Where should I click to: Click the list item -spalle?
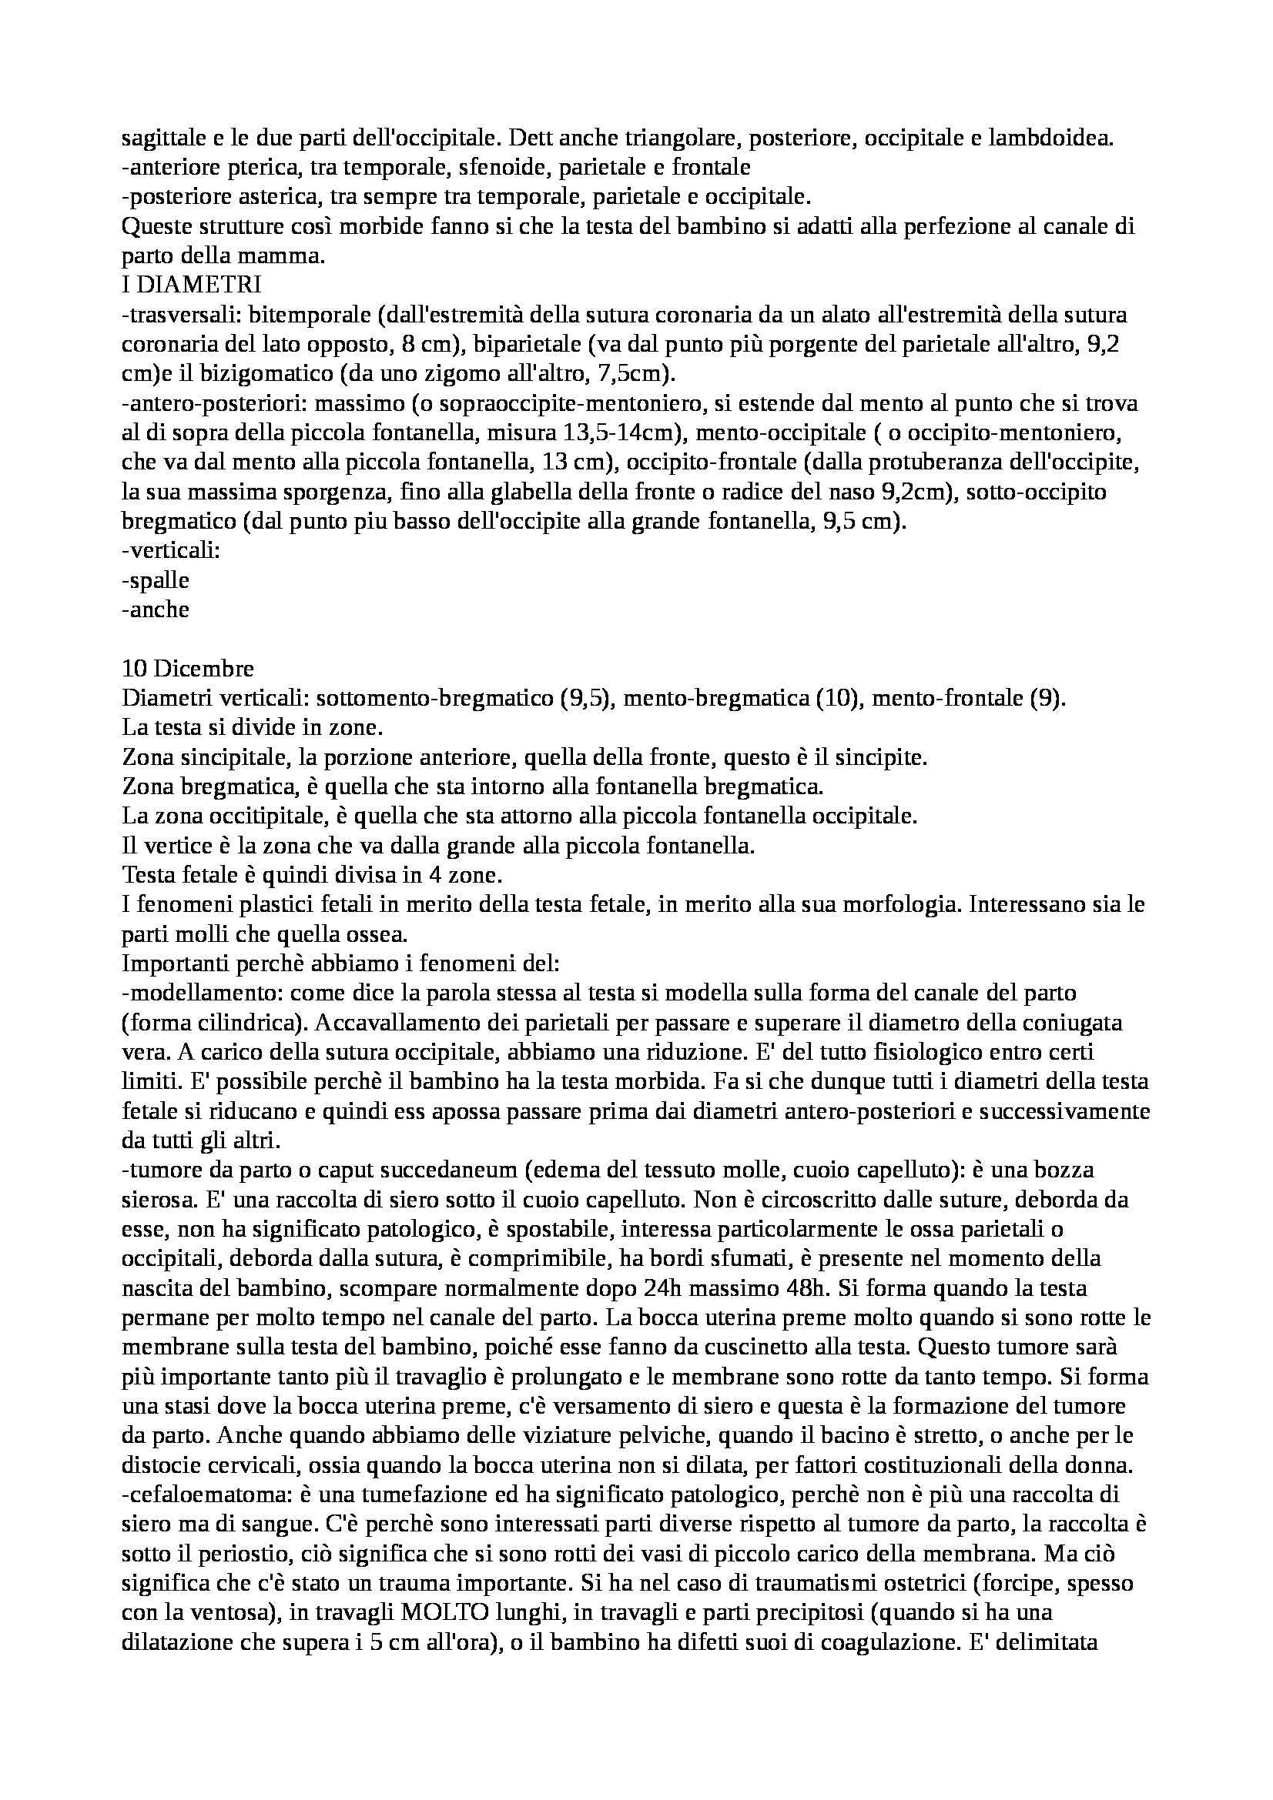click(x=156, y=581)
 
